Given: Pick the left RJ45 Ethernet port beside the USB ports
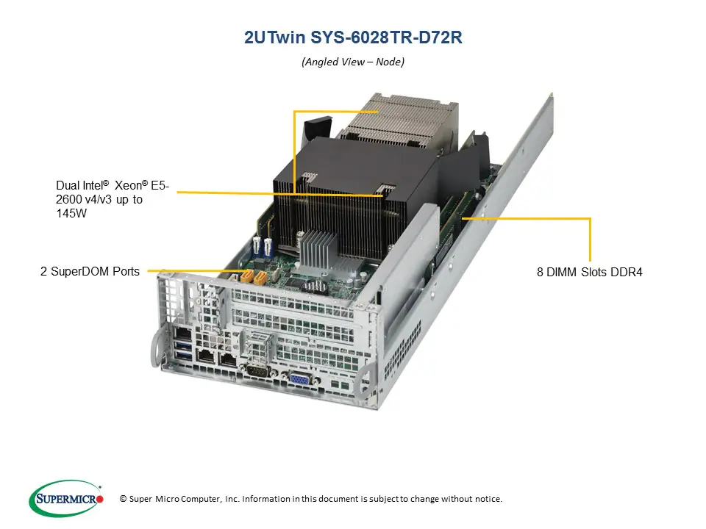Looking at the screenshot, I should click(208, 357).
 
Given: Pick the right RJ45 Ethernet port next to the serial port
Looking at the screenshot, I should click(230, 361).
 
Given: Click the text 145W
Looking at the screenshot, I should click(71, 213).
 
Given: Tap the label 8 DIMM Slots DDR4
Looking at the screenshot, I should click(589, 272).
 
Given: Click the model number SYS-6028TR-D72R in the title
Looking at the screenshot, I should click(391, 37).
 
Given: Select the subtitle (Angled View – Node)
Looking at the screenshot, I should click(353, 62).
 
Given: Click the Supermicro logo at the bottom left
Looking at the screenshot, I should click(66, 499).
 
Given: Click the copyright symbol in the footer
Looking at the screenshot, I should click(123, 499).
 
